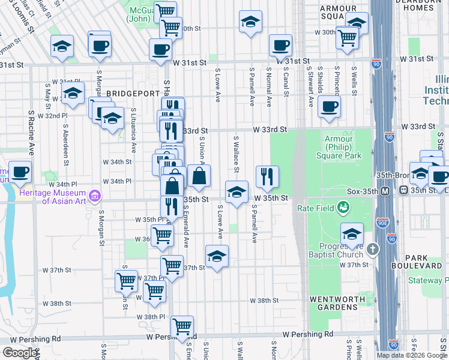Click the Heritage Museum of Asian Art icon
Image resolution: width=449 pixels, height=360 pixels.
point(94,196)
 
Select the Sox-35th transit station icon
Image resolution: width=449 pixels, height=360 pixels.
point(387,190)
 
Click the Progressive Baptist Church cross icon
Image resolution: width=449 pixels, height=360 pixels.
point(373,248)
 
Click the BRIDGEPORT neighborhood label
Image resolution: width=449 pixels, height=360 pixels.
point(130,94)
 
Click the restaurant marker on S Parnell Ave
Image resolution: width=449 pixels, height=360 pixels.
point(267,176)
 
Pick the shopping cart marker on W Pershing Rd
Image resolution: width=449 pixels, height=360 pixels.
point(182,327)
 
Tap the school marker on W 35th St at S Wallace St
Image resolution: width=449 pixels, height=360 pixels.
point(237,192)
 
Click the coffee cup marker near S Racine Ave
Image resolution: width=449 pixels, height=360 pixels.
point(20,172)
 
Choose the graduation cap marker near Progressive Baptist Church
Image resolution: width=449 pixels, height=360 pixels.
point(352,234)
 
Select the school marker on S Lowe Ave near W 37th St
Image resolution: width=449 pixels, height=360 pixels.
point(217,256)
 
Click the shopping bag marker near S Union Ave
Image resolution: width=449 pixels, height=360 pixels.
point(199,176)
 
